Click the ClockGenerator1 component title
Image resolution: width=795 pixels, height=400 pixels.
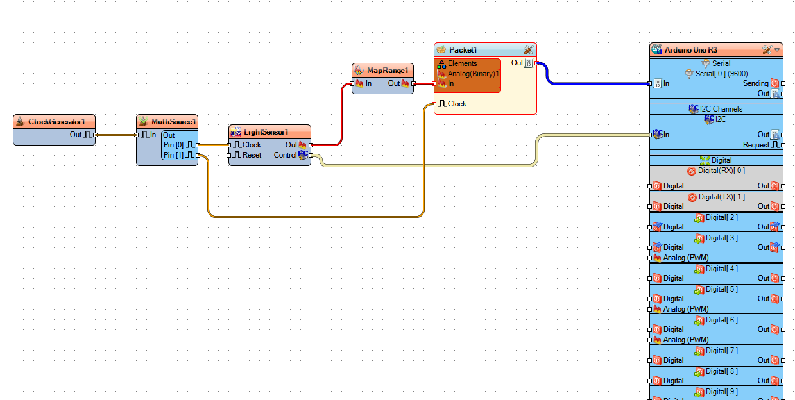pos(56,122)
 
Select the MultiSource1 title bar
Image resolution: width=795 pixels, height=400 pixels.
pos(173,122)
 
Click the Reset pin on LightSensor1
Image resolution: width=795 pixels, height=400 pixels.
pos(251,155)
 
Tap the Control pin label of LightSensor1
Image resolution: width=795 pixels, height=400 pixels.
pos(285,155)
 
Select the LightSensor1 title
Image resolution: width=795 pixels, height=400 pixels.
pos(266,132)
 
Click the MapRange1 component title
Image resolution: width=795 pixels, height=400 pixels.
pos(387,71)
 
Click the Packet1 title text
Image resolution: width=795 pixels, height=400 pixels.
pos(463,50)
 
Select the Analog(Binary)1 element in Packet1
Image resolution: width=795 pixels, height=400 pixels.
pos(473,74)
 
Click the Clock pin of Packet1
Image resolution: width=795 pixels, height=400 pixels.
pos(456,104)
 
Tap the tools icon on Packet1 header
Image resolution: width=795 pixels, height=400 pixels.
pos(528,49)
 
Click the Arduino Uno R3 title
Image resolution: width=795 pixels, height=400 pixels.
pos(690,50)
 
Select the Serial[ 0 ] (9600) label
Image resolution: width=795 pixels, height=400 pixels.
pos(721,74)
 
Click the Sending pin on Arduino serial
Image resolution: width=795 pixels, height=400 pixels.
pos(755,83)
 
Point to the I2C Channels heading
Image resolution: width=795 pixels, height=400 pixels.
pos(721,109)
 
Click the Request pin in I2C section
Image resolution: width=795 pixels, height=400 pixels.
pos(757,145)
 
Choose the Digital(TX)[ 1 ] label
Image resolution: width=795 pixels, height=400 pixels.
pos(721,197)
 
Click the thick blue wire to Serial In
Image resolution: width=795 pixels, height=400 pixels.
pos(597,83)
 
